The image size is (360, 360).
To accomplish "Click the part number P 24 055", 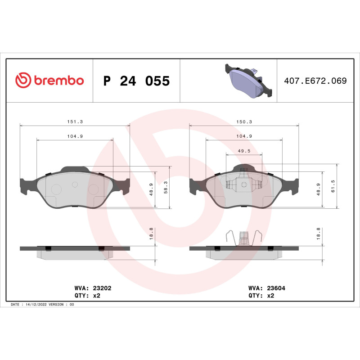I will coord(136,81).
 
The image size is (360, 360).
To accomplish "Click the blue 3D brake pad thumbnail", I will coord(247,81).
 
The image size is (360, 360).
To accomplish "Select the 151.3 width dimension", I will coord(75,121).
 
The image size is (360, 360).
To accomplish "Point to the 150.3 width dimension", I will coord(243,121).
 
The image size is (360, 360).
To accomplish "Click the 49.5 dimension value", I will coord(243,151).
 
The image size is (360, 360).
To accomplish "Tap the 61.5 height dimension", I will coord(333,185).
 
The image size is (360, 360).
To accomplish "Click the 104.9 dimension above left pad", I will coord(75,136).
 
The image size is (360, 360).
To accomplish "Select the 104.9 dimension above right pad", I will coord(243,136).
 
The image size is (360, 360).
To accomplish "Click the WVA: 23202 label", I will coord(92,288).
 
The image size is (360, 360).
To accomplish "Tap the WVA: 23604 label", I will coord(261,288).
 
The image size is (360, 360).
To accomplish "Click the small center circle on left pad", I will coord(75,184).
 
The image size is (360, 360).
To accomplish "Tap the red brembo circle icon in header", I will coord(22,81).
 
